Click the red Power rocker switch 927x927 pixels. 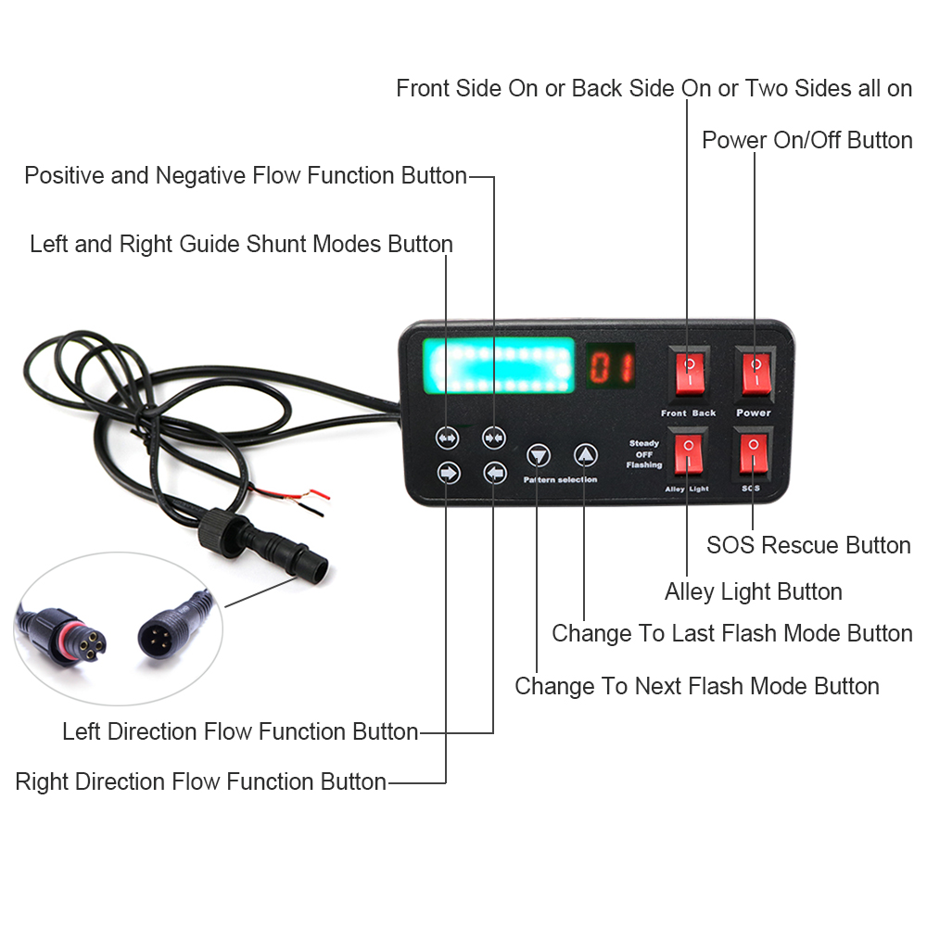pyautogui.click(x=756, y=373)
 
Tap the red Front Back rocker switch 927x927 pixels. pyautogui.click(x=690, y=373)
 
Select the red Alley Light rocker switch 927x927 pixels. pyautogui.click(x=688, y=453)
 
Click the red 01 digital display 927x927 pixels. pyautogui.click(x=611, y=366)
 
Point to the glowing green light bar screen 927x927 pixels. pyautogui.click(x=499, y=365)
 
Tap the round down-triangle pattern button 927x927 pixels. pyautogui.click(x=538, y=456)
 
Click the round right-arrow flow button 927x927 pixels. pyautogui.click(x=449, y=473)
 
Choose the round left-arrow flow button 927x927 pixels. pyautogui.click(x=495, y=473)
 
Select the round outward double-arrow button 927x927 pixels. pyautogui.click(x=447, y=438)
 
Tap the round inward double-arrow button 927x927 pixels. pyautogui.click(x=493, y=438)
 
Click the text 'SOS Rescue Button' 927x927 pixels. pyautogui.click(x=808, y=545)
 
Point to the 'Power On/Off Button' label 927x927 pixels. pyautogui.click(x=807, y=140)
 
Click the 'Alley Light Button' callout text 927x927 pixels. pyautogui.click(x=753, y=591)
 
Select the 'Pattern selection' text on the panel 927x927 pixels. pyautogui.click(x=560, y=479)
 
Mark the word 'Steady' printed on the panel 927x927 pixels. pyautogui.click(x=644, y=443)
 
